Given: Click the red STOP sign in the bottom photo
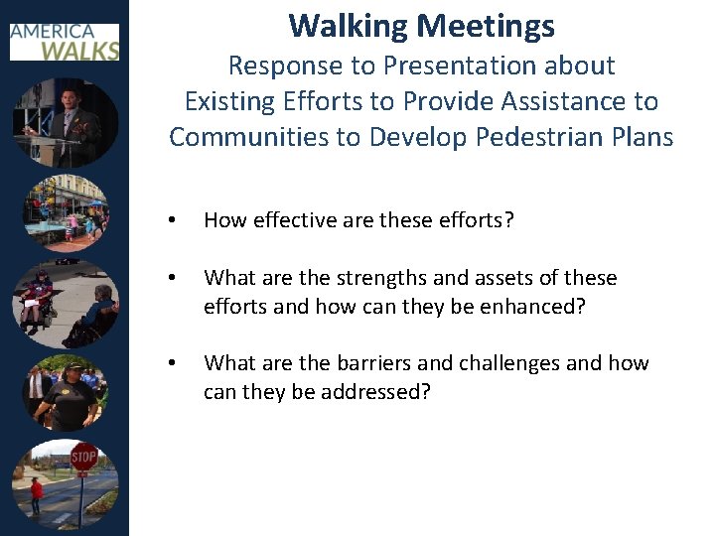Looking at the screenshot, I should pyautogui.click(x=83, y=458).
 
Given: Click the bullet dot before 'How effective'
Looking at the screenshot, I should pyautogui.click(x=173, y=220).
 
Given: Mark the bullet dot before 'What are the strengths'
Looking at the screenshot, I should pyautogui.click(x=173, y=279).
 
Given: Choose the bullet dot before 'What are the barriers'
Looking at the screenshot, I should pyautogui.click(x=173, y=364).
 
